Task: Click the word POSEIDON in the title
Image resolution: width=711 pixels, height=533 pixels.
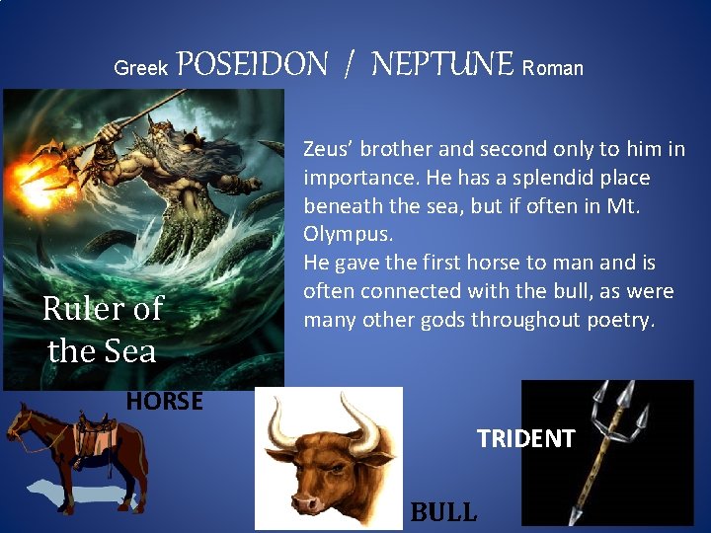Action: click(x=253, y=65)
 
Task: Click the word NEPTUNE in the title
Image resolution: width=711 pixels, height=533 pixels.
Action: click(x=442, y=65)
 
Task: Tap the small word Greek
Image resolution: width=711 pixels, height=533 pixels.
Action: click(x=141, y=68)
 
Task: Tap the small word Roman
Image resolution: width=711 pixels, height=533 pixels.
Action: click(x=552, y=68)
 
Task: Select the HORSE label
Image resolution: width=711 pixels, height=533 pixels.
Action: click(x=165, y=401)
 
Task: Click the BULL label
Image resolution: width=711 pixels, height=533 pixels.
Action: click(x=443, y=511)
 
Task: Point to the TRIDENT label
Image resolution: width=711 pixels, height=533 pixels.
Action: click(x=526, y=438)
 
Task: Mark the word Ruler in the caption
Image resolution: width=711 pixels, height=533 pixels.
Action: click(x=80, y=309)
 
